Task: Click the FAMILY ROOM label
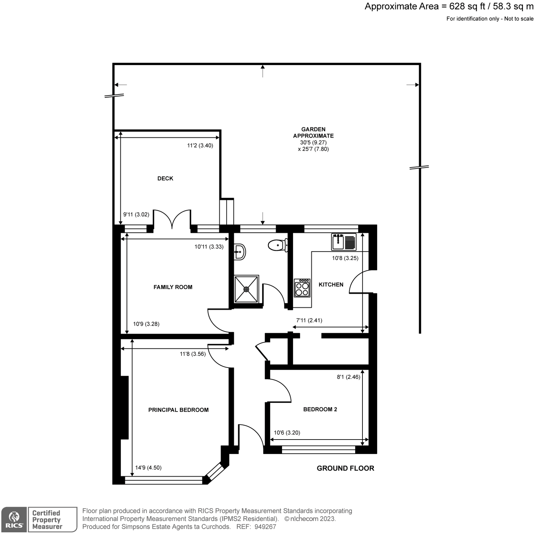click(173, 287)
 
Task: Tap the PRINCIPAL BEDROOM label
click(178, 410)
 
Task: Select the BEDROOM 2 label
click(320, 409)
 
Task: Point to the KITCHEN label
click(331, 284)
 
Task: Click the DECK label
click(165, 179)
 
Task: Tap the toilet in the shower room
click(277, 245)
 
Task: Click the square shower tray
click(247, 288)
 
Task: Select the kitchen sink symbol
click(344, 242)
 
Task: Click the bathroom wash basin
click(240, 251)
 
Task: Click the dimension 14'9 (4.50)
click(148, 467)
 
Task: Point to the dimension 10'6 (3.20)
click(287, 432)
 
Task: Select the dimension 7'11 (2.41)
click(309, 320)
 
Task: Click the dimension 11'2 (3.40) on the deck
click(200, 145)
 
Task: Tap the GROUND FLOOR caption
click(345, 468)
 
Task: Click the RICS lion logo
click(14, 520)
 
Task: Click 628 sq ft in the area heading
click(467, 6)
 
